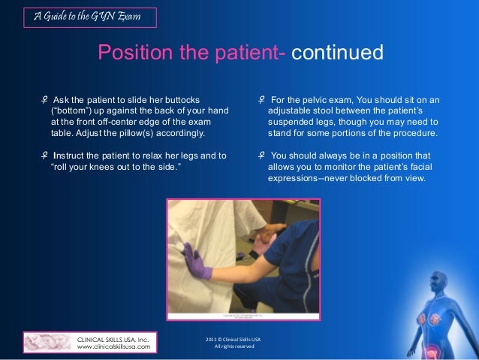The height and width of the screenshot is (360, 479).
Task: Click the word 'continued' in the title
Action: click(x=337, y=53)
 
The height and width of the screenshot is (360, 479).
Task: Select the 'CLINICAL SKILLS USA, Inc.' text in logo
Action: click(x=113, y=339)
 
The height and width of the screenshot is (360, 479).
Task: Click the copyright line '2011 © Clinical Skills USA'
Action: click(x=239, y=339)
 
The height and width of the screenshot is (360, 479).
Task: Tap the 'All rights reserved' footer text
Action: click(x=239, y=346)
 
